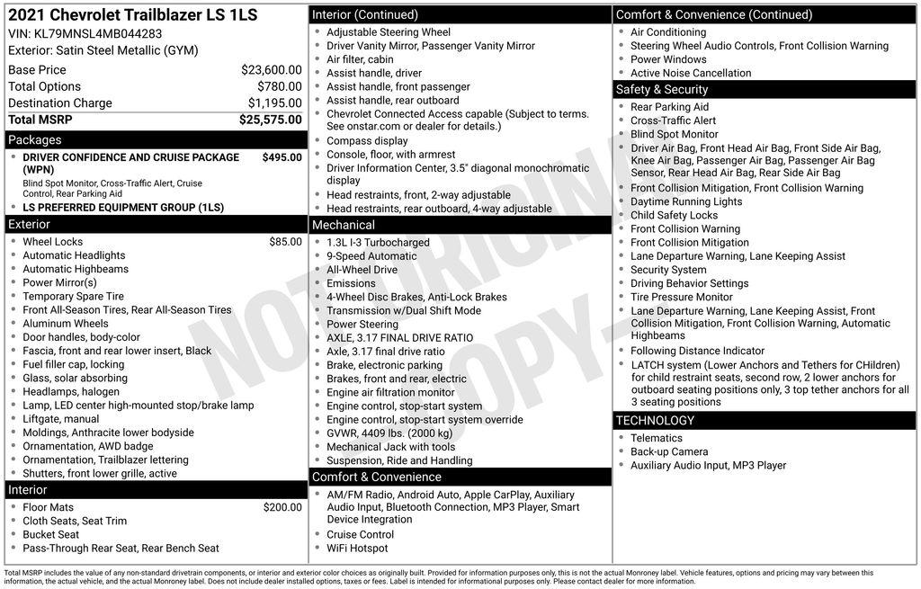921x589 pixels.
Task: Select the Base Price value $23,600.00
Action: click(271, 70)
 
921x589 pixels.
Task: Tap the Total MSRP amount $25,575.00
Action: click(270, 120)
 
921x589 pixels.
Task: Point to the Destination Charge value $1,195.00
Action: click(274, 103)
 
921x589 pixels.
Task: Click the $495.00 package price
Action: click(282, 157)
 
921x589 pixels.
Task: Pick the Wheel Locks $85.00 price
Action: click(285, 242)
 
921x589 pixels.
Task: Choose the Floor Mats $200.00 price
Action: click(282, 507)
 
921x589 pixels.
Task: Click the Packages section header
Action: click(35, 140)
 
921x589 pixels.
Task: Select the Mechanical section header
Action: click(344, 225)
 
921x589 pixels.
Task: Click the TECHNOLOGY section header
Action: click(655, 421)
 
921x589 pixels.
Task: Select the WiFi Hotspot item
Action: click(357, 549)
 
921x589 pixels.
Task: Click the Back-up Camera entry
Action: click(669, 452)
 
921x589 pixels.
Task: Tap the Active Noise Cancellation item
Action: click(691, 74)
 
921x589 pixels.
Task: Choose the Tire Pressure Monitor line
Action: click(681, 297)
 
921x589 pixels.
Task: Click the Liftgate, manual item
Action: click(61, 419)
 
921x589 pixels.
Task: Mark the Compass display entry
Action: click(367, 141)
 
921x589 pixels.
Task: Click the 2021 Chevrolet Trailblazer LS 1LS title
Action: click(132, 15)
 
